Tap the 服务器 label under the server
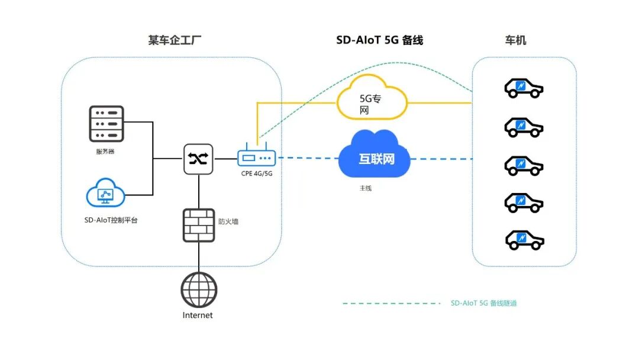[105, 152]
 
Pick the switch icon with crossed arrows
[199, 159]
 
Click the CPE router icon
[257, 158]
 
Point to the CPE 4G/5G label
[257, 173]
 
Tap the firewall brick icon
[198, 225]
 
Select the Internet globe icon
[198, 290]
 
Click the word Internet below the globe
[198, 316]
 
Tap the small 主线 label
[366, 188]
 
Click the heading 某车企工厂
[171, 41]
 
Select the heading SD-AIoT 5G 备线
[380, 41]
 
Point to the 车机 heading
[515, 41]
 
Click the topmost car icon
[524, 88]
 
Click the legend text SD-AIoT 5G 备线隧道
[483, 303]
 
